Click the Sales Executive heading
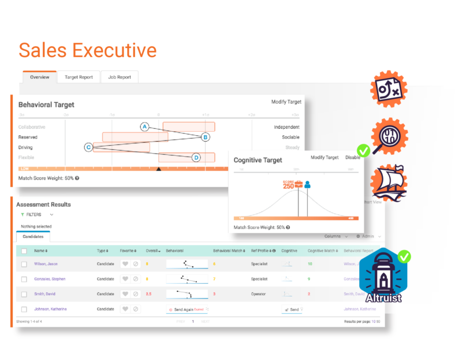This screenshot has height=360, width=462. point(87,50)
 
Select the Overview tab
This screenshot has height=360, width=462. point(40,77)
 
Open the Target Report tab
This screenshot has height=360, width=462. point(79,77)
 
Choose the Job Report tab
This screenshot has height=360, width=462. point(119,77)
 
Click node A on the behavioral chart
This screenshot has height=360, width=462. point(145,127)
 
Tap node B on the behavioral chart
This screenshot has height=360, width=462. point(205,137)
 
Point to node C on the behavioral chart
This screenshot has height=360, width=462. point(88,147)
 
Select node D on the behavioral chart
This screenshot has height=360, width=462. point(196,157)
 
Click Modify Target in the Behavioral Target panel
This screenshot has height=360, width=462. point(286,102)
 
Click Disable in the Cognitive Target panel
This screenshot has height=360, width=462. point(352,158)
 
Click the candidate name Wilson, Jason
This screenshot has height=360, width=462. point(46,264)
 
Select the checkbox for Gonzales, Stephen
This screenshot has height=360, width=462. point(24,279)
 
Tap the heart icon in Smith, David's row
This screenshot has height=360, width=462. point(124,294)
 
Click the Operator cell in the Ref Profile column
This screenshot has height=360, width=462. point(259,294)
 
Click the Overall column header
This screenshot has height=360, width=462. point(153,251)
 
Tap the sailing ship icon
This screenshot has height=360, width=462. point(389,182)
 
